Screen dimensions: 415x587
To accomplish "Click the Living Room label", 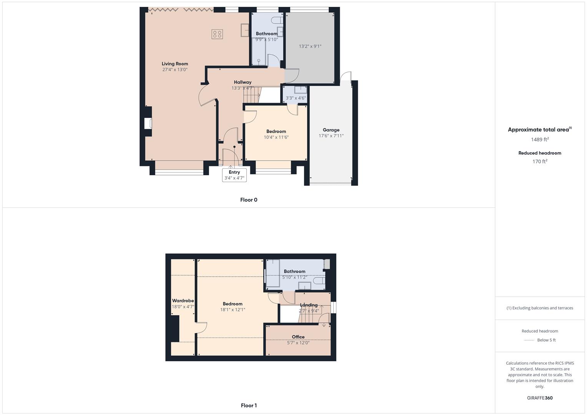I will click(x=175, y=64).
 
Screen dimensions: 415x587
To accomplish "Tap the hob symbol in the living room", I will click(x=217, y=34).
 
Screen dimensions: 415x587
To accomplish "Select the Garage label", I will click(x=331, y=130).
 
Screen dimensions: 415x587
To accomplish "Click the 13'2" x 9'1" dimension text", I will click(x=310, y=46).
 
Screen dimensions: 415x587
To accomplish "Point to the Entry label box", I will click(x=234, y=175).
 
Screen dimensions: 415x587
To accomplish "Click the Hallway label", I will click(x=243, y=82).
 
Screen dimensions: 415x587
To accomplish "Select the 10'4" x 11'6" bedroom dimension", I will click(x=276, y=137).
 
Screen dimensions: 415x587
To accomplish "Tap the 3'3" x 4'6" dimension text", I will click(x=296, y=98).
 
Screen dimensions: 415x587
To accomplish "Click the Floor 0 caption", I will click(x=249, y=200).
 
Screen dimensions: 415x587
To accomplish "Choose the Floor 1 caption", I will click(x=249, y=405).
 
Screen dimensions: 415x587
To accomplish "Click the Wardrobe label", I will click(x=183, y=301).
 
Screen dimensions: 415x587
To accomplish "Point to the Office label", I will click(x=298, y=337).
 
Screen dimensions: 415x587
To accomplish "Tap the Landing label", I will click(x=309, y=305).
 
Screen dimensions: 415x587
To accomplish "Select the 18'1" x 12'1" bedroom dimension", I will click(x=233, y=310).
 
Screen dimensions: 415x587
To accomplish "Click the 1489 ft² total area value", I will click(x=540, y=139).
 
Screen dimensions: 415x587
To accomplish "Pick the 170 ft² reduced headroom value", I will click(x=540, y=161).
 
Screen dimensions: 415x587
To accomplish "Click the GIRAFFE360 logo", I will click(x=540, y=398).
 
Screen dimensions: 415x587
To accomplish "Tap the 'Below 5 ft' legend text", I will click(x=546, y=340).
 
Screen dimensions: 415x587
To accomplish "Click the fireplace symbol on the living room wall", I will click(x=148, y=124).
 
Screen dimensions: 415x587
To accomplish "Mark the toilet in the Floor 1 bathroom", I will click(x=319, y=281).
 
